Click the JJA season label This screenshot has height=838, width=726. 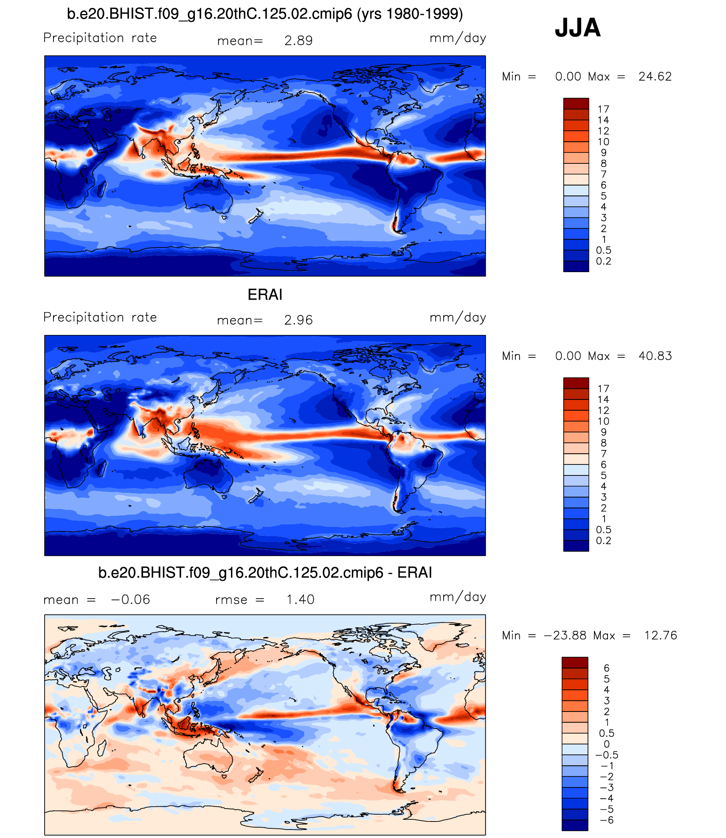tap(577, 28)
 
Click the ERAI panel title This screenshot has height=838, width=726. tap(265, 295)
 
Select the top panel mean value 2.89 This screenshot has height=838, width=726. tap(298, 41)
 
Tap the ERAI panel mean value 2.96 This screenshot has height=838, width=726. tap(298, 320)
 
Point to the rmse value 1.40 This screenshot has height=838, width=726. tap(300, 599)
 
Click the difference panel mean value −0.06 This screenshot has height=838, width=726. tap(130, 599)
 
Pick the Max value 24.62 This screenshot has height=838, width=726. tap(655, 77)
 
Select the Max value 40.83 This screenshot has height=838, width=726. tap(655, 356)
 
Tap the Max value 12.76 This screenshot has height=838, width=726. tap(661, 636)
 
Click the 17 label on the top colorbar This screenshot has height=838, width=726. tap(603, 110)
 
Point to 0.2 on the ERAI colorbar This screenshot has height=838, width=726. tap(603, 541)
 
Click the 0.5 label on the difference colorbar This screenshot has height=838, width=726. tap(606, 733)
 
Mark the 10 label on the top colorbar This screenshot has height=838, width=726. tap(603, 142)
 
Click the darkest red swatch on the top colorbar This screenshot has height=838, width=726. tap(576, 104)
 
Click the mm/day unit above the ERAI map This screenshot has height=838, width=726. tap(458, 318)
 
